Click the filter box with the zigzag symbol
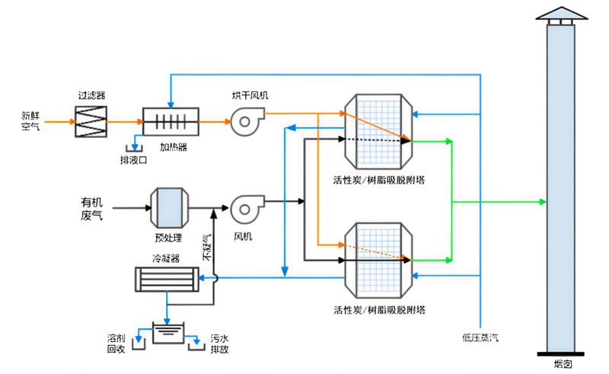pos(91,122)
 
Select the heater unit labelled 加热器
pos(171,122)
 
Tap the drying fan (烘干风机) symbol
pos(247,121)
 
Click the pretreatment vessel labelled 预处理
pos(169,208)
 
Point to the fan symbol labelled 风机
pos(247,209)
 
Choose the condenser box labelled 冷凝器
pos(167,279)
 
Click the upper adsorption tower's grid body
pos(378,132)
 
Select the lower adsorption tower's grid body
pos(378,261)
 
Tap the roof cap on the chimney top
pos(561,13)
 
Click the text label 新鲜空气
pos(30,121)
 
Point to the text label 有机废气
pos(91,209)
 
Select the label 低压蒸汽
pos(480,337)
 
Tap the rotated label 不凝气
pos(207,248)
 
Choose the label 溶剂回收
pos(116,344)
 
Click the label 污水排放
pos(219,344)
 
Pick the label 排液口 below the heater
pos(134,160)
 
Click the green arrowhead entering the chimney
pos(543,202)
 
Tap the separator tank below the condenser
pos(168,333)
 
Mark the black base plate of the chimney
pos(561,354)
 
